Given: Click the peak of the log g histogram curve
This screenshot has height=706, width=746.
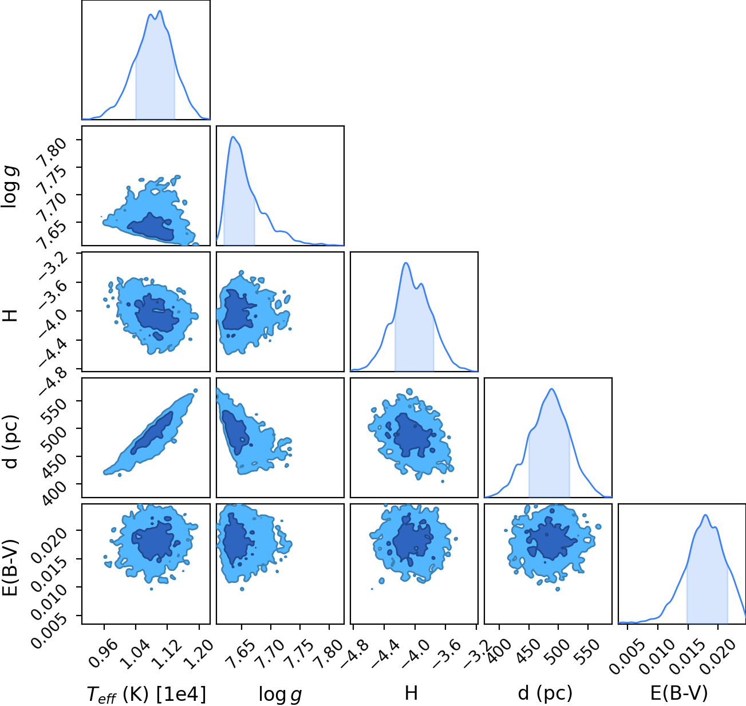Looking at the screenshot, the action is [x=233, y=137].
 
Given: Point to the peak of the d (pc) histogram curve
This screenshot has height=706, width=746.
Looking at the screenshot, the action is [x=551, y=389].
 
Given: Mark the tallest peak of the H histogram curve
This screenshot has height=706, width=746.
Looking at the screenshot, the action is [x=406, y=263].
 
